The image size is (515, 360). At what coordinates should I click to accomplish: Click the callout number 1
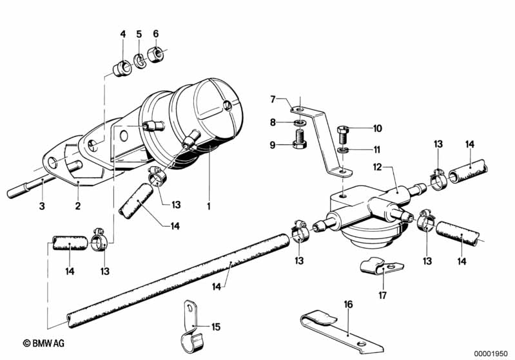tap(209, 206)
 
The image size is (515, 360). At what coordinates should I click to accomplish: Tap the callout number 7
tap(273, 99)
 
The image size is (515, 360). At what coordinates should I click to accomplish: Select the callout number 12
tap(377, 167)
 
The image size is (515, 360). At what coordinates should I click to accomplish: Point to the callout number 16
tap(348, 305)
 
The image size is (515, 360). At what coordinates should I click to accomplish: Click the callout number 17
tap(383, 296)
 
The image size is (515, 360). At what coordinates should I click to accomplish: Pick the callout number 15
tap(216, 327)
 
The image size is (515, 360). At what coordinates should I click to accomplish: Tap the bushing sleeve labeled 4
tap(122, 68)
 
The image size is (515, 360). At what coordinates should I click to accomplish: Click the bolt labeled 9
tap(299, 140)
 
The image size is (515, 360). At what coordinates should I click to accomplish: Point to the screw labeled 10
tap(342, 135)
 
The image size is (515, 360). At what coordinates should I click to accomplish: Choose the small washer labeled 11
tap(342, 151)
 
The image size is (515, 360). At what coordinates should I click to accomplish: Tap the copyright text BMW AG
tap(44, 343)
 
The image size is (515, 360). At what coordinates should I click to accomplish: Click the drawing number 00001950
tap(491, 354)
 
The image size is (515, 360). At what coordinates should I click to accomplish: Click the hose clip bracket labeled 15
tap(191, 330)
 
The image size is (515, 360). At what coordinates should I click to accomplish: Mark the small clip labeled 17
tap(381, 266)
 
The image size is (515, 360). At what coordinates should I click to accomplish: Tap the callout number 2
tap(78, 206)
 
